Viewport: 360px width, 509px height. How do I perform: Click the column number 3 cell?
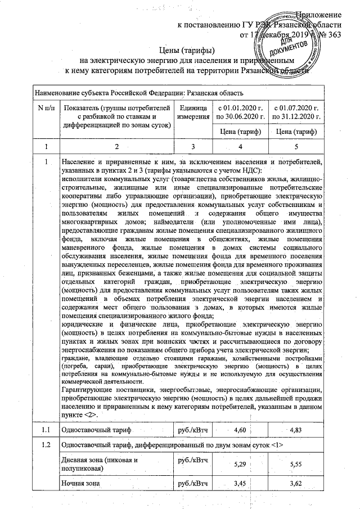(x=193, y=146)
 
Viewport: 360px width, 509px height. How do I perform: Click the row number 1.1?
(x=44, y=430)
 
